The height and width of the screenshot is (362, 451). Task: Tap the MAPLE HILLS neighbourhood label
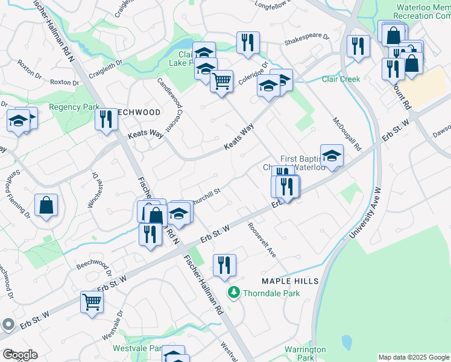(285, 282)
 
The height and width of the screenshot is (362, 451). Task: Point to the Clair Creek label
(341, 79)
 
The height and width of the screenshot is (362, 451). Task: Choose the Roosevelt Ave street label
(261, 240)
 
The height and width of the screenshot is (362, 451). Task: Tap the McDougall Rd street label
(346, 133)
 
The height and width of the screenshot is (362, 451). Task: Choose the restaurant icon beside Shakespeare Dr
(248, 42)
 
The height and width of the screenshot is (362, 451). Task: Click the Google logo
(20, 355)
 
